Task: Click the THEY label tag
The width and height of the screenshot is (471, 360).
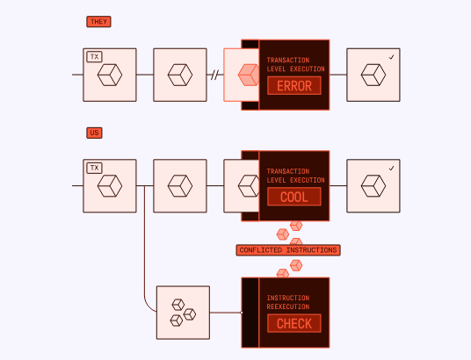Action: (x=98, y=22)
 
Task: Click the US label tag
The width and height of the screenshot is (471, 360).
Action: (x=94, y=133)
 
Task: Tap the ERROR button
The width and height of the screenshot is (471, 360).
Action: (x=294, y=86)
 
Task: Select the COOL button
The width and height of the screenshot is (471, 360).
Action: (x=294, y=197)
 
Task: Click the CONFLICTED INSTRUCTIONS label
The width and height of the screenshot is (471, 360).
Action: (x=288, y=250)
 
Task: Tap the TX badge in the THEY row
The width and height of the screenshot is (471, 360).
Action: (x=94, y=57)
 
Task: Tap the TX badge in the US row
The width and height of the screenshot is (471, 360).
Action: (x=94, y=168)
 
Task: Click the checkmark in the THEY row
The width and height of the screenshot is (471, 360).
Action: (x=391, y=57)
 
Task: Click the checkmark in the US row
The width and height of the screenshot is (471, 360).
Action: (x=391, y=169)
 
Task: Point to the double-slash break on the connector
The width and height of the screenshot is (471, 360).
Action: (x=214, y=75)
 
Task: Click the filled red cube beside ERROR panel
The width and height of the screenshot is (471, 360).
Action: (x=249, y=75)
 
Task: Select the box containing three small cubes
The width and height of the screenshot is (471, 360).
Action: (x=183, y=313)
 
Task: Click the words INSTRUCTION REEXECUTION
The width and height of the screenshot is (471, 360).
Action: (x=288, y=302)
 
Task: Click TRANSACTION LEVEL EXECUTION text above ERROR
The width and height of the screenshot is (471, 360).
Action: (x=295, y=65)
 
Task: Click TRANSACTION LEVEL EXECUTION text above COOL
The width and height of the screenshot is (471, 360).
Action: (x=295, y=176)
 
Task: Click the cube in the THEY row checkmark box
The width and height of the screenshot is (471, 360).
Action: (x=373, y=75)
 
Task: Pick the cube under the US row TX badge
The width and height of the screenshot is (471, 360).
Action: (x=110, y=186)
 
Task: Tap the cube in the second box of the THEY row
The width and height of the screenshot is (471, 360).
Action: (x=180, y=75)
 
